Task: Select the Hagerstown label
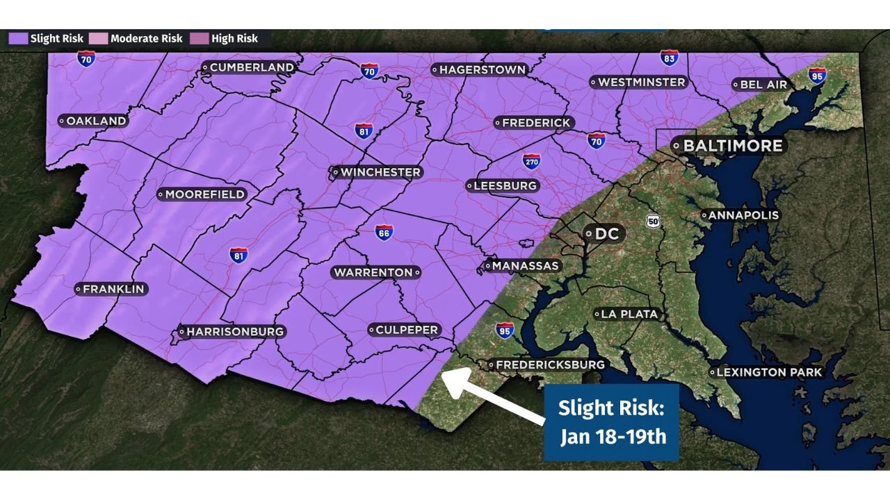[479, 69]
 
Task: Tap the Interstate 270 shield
[532, 162]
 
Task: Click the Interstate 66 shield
[384, 233]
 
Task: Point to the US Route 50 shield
[653, 221]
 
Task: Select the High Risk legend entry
[229, 39]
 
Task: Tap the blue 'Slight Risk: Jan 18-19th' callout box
[612, 422]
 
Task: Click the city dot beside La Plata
[597, 315]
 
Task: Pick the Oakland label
[93, 121]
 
